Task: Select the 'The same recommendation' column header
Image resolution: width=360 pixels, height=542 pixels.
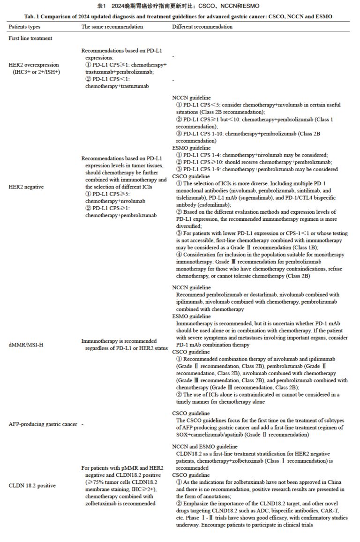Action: [112, 27]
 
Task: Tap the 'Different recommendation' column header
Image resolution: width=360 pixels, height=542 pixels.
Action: [202, 27]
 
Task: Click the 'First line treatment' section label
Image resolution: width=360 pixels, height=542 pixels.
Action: [30, 38]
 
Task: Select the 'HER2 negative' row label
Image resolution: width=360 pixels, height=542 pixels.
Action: [26, 187]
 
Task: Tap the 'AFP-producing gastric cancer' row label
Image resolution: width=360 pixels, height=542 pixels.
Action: [43, 424]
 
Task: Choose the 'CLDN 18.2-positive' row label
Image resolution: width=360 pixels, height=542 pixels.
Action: [31, 485]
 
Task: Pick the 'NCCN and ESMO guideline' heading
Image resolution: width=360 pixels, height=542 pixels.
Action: [205, 446]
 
